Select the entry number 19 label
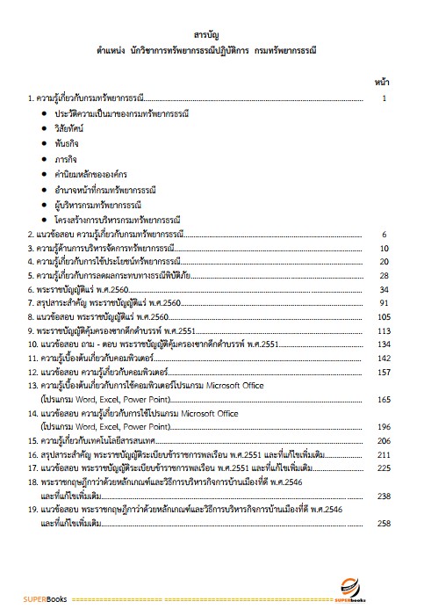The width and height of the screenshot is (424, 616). (x=32, y=511)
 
